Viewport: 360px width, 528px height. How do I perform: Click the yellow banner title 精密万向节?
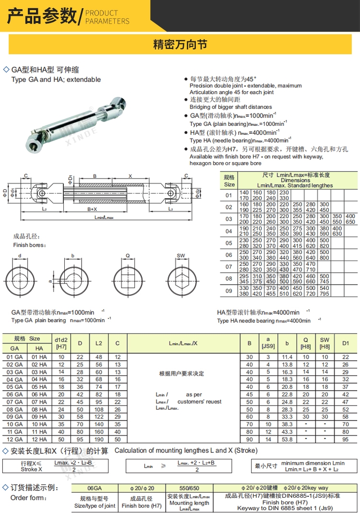coord(180,45)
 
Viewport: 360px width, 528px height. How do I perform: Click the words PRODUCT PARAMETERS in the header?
coord(107,17)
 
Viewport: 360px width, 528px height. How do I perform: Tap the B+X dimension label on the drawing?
coord(92,209)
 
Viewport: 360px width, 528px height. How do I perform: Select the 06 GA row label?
coord(15,394)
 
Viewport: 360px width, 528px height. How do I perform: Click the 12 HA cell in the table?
coord(39,439)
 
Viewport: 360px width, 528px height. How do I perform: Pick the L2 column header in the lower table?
coord(98,343)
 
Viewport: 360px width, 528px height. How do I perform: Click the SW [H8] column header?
coord(325,343)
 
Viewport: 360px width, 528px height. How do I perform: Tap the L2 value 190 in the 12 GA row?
coord(98,439)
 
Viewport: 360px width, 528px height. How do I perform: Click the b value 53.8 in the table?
coord(287,439)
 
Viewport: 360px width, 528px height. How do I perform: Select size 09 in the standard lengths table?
coord(228,291)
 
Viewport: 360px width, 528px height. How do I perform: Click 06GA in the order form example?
coord(95,487)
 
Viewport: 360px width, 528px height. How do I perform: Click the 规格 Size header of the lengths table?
coord(229,180)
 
